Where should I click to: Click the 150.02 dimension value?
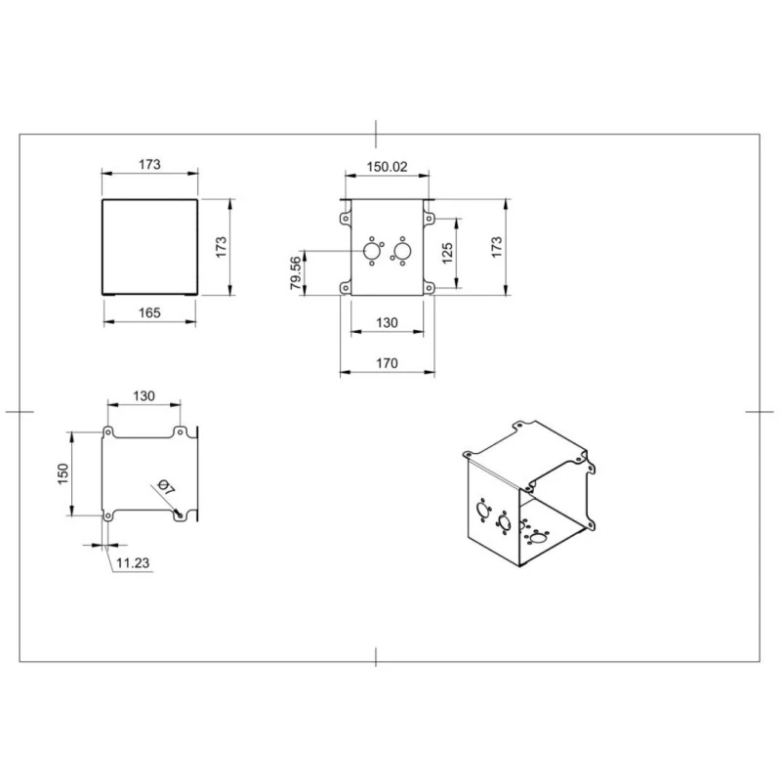coord(387,167)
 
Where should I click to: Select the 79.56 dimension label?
coord(295,273)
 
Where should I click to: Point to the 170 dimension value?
coord(387,363)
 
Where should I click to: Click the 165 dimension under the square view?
coord(149,312)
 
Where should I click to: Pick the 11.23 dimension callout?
coord(132,562)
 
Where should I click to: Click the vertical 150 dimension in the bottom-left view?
coord(63,473)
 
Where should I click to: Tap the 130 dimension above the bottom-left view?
coord(144,395)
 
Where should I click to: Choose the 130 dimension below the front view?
coord(387,323)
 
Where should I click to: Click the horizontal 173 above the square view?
coord(149,165)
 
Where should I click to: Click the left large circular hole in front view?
coord(372,253)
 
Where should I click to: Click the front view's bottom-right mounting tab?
coord(429,288)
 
